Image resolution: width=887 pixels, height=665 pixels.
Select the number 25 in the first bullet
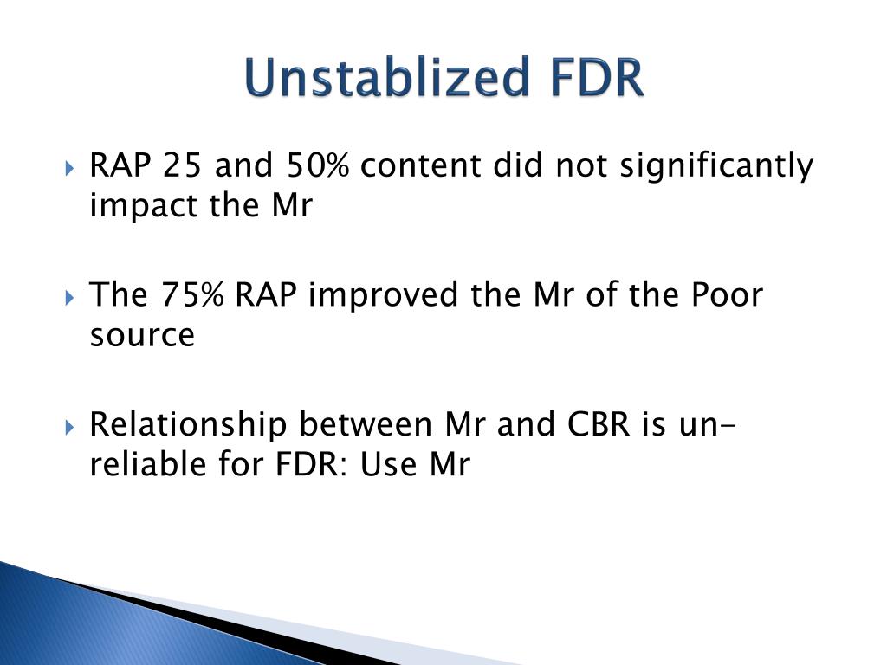pos(182,165)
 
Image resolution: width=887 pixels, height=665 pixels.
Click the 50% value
pos(317,165)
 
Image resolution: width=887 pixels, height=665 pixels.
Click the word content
pos(421,166)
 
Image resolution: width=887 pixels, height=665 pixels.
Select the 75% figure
pos(192,294)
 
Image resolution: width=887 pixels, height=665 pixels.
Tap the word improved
pos(383,296)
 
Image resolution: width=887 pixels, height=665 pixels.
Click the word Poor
pos(727,295)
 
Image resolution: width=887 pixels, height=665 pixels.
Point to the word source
pos(143,335)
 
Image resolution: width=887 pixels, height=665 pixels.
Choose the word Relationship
pos(188,426)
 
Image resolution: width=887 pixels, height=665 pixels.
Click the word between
pos(366,424)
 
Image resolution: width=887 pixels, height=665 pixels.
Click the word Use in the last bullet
pos(389,464)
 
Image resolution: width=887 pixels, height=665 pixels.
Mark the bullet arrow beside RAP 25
pos(69,168)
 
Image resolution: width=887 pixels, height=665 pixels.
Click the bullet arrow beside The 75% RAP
pos(69,298)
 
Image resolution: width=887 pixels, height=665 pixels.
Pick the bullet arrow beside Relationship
pos(69,427)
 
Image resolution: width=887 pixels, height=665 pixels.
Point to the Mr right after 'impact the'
pos(292,206)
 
